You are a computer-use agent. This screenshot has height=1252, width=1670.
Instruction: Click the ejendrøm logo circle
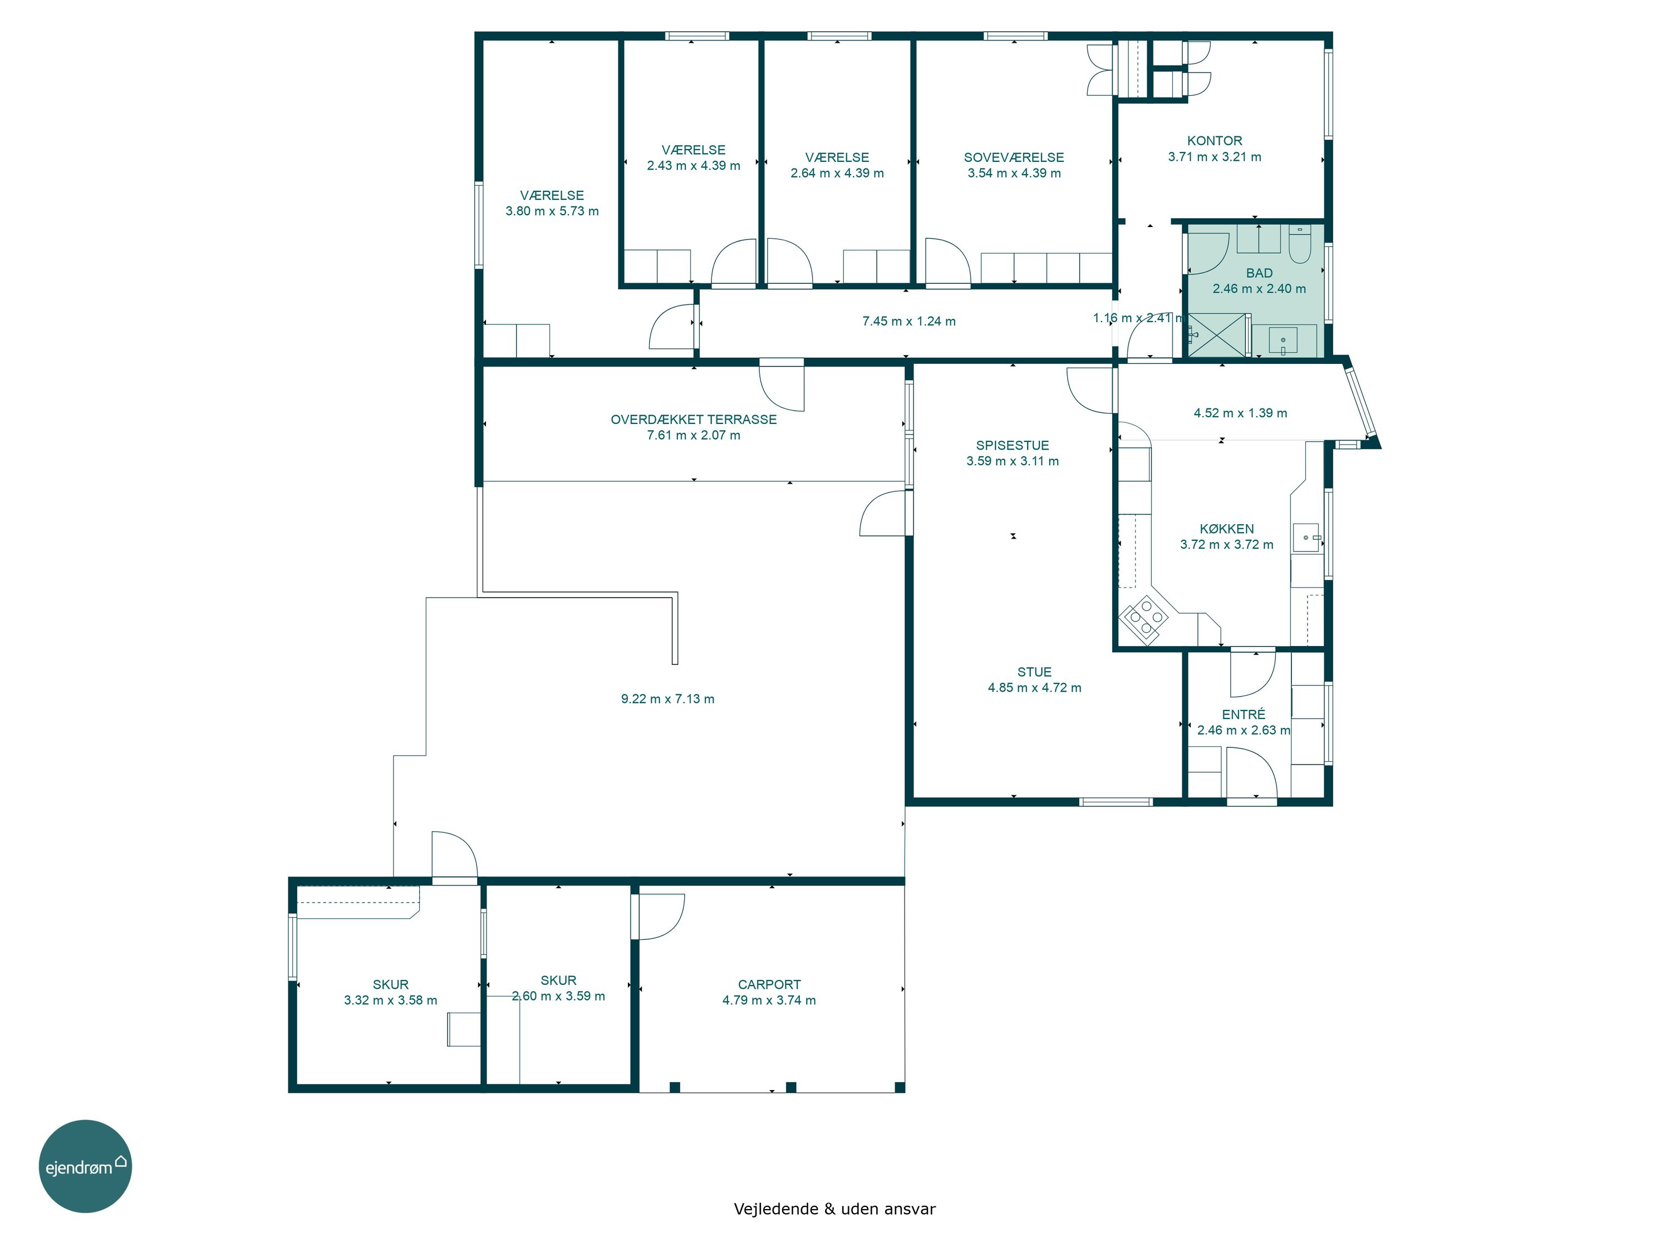point(85,1166)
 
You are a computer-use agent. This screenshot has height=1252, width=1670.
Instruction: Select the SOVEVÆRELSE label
point(1013,157)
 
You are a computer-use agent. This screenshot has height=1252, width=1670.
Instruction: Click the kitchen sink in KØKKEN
point(1306,538)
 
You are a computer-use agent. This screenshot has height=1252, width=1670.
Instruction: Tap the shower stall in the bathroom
point(1216,334)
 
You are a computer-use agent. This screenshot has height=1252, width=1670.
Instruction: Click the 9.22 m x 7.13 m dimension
point(667,699)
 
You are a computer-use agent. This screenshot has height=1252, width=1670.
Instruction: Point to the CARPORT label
point(769,985)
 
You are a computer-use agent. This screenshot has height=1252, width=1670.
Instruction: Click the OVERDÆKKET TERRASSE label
point(693,420)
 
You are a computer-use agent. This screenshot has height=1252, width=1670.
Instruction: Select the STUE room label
point(1034,672)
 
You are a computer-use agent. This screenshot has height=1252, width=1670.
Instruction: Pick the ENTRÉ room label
point(1244,714)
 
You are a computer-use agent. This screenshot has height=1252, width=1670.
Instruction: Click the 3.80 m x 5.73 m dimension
point(552,211)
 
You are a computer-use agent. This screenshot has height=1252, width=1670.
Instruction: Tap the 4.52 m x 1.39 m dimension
point(1240,413)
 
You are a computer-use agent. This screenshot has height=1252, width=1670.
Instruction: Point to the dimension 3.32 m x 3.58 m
point(390,1000)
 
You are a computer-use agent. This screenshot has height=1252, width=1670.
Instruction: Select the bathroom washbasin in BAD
point(1283,341)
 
